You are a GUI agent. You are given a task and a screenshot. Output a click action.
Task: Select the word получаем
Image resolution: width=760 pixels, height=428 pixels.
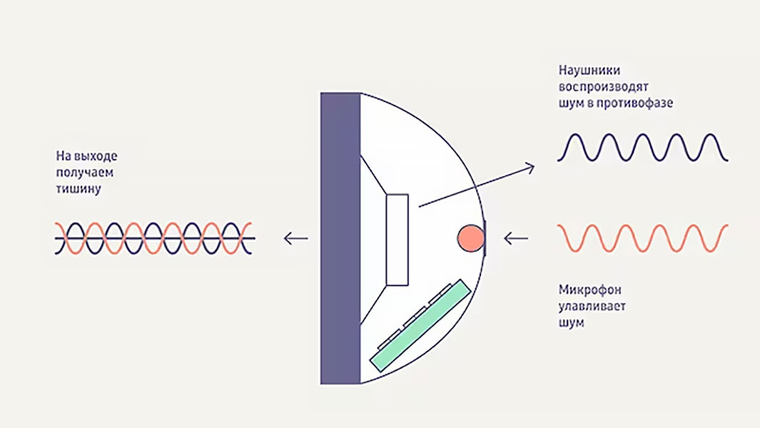pos(83,173)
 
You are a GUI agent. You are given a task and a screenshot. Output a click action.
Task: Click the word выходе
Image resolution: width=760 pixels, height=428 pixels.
pos(98,156)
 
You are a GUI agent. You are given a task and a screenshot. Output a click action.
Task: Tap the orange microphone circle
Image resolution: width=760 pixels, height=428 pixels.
pos(470,238)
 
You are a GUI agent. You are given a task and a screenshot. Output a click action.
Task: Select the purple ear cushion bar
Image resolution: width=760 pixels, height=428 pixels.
pos(340,238)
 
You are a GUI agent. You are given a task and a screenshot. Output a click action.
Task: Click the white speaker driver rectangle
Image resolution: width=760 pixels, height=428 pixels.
pos(397,240)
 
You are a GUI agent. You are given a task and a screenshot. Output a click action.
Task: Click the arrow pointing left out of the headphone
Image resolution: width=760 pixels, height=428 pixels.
pos(296,238)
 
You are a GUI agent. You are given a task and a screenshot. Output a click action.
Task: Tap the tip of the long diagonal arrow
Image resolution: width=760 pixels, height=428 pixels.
pos(532,165)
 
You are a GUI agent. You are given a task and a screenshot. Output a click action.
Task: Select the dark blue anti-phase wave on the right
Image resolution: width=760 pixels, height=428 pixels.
pos(642,148)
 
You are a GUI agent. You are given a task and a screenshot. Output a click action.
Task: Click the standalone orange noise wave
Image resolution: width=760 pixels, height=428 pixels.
pos(642,238)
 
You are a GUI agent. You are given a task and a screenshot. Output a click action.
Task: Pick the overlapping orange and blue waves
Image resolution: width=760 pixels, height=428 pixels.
pos(154,238)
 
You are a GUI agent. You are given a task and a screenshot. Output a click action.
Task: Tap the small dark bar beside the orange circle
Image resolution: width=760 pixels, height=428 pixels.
pos(486,238)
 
